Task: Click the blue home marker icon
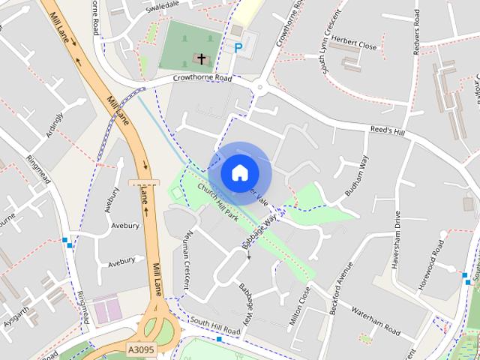239,172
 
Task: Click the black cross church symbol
201,58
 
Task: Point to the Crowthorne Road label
202,77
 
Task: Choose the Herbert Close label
357,45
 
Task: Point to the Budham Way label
356,177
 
